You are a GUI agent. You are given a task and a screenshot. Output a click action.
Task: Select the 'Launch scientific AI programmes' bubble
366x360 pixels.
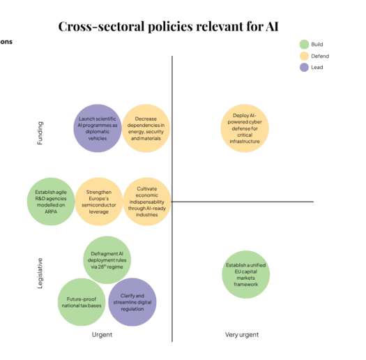pos(97,128)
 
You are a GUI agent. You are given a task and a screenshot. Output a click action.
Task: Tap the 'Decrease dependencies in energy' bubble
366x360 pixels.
pos(146,128)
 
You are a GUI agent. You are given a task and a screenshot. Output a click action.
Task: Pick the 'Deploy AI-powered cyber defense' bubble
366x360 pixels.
pos(245,128)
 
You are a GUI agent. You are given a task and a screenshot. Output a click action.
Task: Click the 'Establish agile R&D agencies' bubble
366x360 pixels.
pos(51,202)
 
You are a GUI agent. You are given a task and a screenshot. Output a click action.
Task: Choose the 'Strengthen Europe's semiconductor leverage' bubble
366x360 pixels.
pos(98,202)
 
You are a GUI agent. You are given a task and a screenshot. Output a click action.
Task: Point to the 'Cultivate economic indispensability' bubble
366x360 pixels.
pos(146,202)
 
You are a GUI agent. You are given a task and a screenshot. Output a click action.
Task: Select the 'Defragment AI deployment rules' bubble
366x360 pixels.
pos(107,260)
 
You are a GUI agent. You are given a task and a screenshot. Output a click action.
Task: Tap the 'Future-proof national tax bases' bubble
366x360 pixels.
pos(82,302)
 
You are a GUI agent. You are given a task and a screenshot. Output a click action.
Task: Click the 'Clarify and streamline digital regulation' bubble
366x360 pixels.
pos(132,302)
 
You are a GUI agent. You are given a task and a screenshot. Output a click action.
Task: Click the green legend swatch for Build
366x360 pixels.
pos(304,44)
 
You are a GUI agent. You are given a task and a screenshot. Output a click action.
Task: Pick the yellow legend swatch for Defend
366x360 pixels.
pos(304,56)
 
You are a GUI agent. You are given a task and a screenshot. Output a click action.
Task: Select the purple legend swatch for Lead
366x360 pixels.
pos(304,68)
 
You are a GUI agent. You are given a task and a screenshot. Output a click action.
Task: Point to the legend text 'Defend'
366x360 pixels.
pos(320,56)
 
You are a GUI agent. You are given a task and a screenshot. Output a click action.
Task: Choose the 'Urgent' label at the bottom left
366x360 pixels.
pos(102,335)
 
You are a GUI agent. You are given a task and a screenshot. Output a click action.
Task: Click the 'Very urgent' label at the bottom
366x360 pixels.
pos(242,335)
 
